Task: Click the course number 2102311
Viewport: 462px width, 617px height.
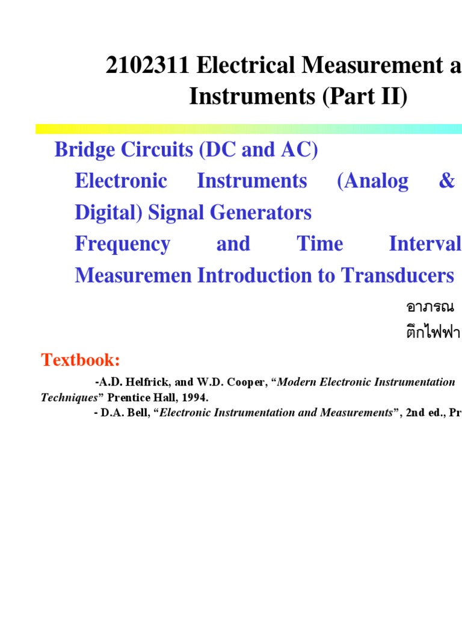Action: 147,67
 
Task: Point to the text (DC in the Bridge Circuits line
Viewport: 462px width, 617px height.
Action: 220,150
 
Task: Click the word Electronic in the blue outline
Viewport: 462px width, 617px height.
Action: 121,181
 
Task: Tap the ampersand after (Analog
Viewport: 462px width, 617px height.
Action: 446,181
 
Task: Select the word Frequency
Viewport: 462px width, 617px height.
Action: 122,244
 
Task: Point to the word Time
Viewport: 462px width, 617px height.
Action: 320,244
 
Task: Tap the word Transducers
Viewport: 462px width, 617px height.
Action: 398,275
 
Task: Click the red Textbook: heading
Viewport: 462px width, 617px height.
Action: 81,360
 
